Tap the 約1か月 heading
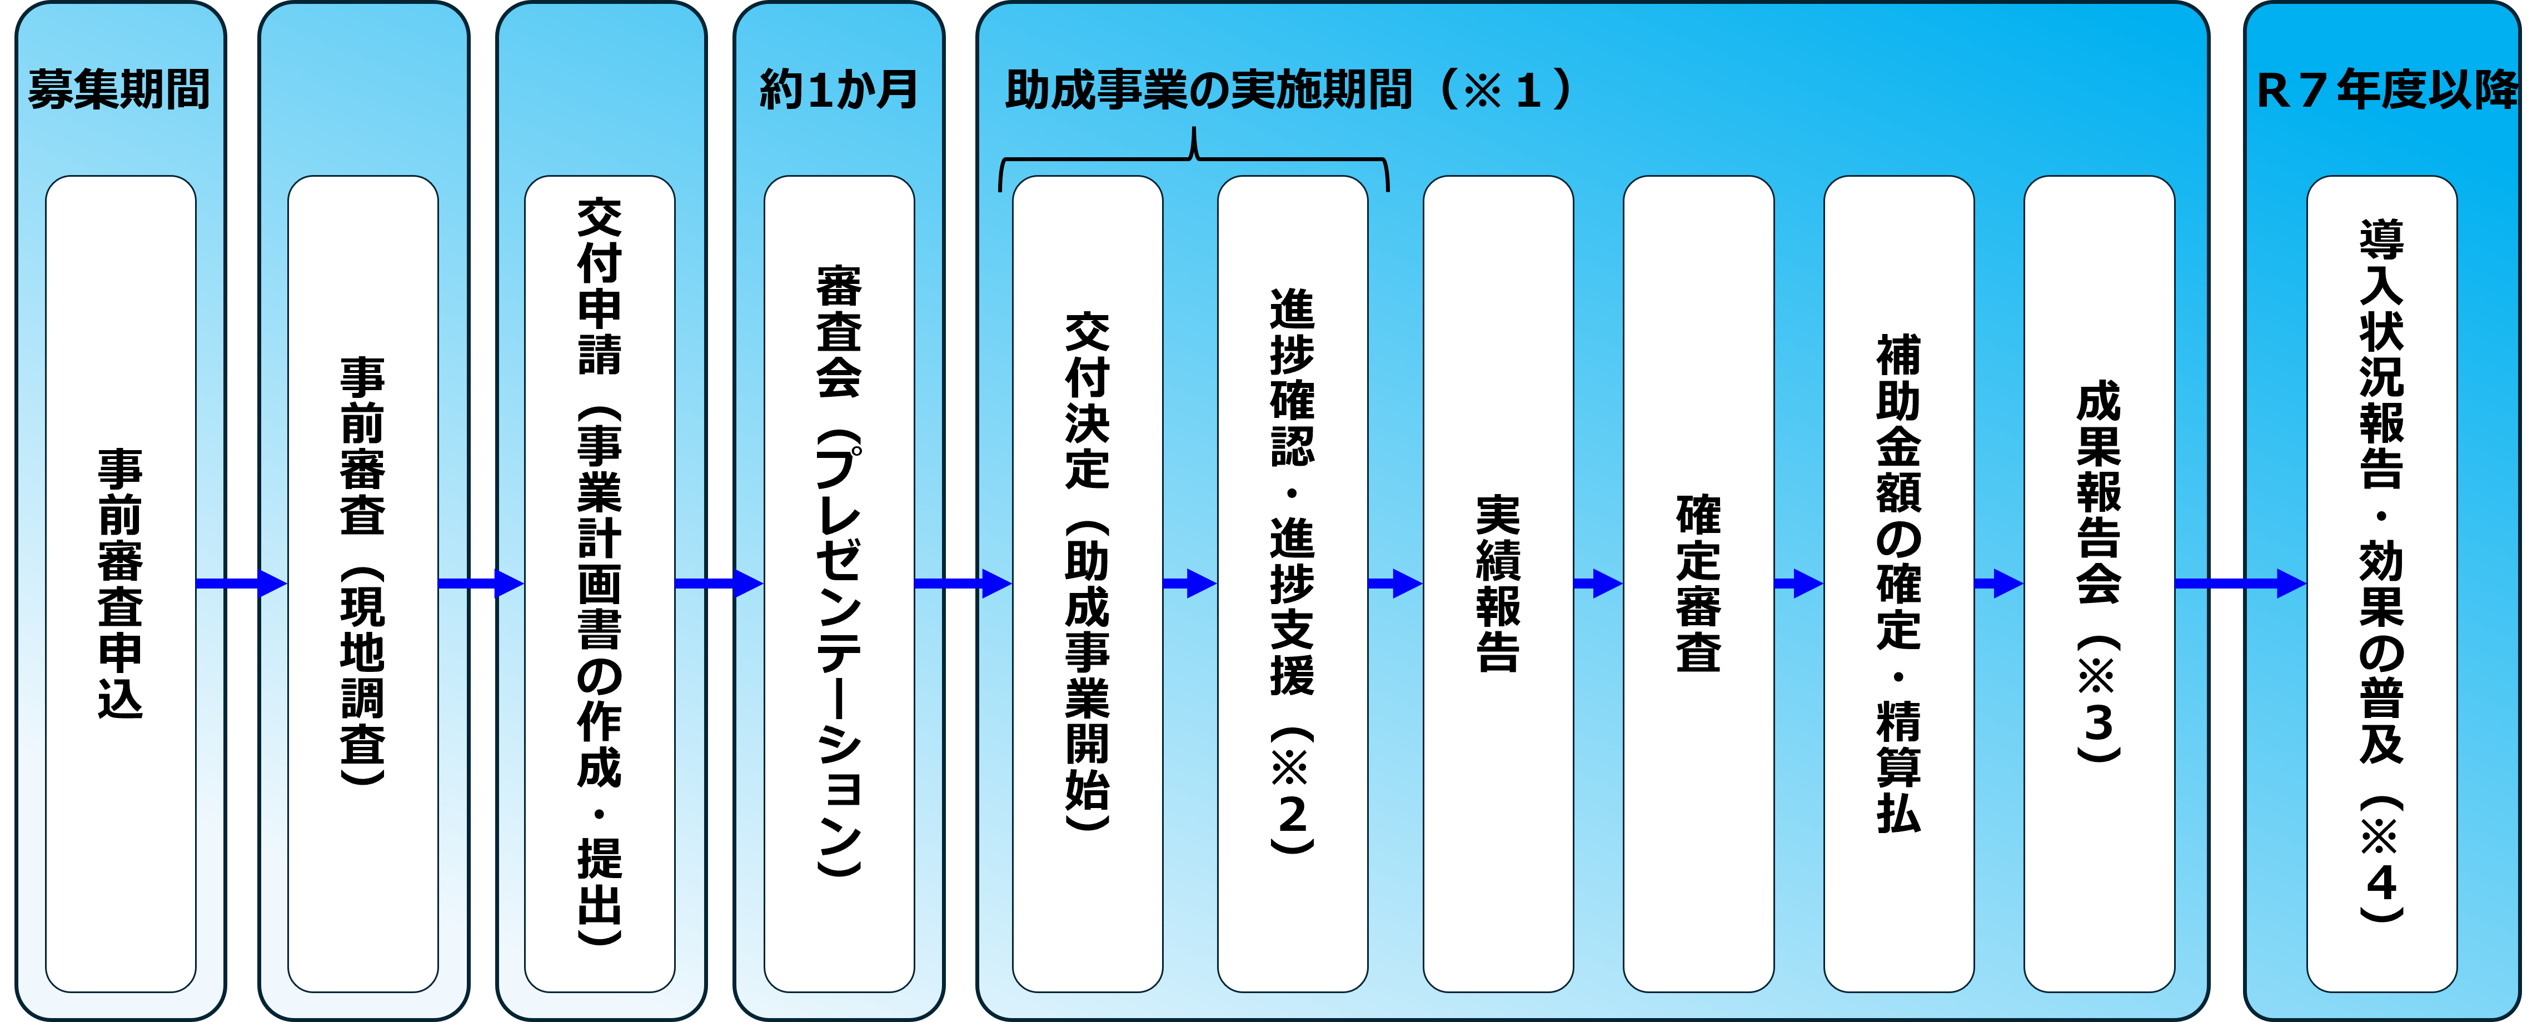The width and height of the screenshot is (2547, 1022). (x=839, y=90)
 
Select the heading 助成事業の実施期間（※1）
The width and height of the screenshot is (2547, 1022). (x=1287, y=90)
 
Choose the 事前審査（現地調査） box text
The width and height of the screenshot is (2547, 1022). (x=363, y=571)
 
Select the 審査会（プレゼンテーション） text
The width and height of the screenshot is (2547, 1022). (x=839, y=571)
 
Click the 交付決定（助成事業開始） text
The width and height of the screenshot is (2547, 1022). (x=1088, y=571)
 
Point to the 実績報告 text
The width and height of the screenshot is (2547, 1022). (x=1498, y=583)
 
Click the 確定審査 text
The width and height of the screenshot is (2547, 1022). (x=1699, y=583)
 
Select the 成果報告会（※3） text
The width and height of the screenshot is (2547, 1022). (x=2099, y=571)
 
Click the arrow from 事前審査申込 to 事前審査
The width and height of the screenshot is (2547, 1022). (x=241, y=583)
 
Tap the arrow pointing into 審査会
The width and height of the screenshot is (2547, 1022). (x=719, y=583)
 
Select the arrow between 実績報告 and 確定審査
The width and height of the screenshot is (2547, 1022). (x=1598, y=583)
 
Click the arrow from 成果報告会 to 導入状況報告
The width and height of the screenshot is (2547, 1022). (x=2240, y=583)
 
